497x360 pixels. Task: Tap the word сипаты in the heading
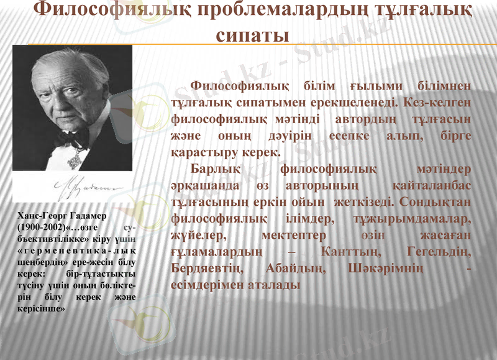252,35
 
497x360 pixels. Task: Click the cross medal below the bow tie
75,160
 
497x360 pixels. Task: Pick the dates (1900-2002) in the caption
39,226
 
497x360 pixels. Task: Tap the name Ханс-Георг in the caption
42,215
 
